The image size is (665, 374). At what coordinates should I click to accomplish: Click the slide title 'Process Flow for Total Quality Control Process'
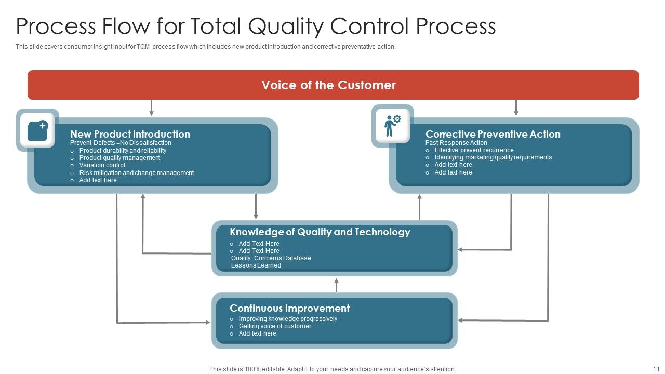pyautogui.click(x=256, y=26)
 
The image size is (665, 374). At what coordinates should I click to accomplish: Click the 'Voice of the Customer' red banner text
pyautogui.click(x=328, y=85)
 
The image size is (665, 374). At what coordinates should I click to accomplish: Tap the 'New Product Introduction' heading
pyautogui.click(x=130, y=134)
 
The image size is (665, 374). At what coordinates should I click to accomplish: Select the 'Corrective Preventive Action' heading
pyautogui.click(x=493, y=134)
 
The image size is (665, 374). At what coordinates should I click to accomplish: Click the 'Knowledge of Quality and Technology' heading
pyautogui.click(x=320, y=232)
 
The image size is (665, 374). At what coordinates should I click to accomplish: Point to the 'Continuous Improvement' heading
pyautogui.click(x=289, y=308)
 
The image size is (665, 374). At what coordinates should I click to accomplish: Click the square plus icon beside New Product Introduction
pyautogui.click(x=37, y=130)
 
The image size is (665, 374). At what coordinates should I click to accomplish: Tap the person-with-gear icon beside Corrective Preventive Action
pyautogui.click(x=392, y=126)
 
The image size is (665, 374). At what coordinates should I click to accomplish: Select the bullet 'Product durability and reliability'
pyautogui.click(x=123, y=151)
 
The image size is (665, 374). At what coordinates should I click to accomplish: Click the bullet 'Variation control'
pyautogui.click(x=102, y=165)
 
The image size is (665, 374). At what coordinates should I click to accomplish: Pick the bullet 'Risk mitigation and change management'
pyautogui.click(x=136, y=173)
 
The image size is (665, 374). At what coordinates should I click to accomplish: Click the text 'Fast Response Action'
pyautogui.click(x=456, y=143)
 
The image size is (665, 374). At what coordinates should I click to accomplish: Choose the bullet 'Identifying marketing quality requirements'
pyautogui.click(x=493, y=157)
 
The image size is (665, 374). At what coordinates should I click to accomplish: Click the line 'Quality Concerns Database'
pyautogui.click(x=271, y=258)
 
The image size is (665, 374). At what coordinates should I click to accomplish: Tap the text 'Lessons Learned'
pyautogui.click(x=256, y=265)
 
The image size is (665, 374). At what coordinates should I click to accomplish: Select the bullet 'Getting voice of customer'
pyautogui.click(x=275, y=326)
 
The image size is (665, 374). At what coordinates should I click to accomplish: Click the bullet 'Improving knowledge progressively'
pyautogui.click(x=288, y=319)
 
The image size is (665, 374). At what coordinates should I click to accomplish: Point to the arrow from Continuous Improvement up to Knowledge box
pyautogui.click(x=336, y=285)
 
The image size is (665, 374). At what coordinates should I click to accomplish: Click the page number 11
pyautogui.click(x=655, y=369)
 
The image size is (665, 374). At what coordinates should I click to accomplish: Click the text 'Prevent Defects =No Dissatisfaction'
pyautogui.click(x=121, y=143)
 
